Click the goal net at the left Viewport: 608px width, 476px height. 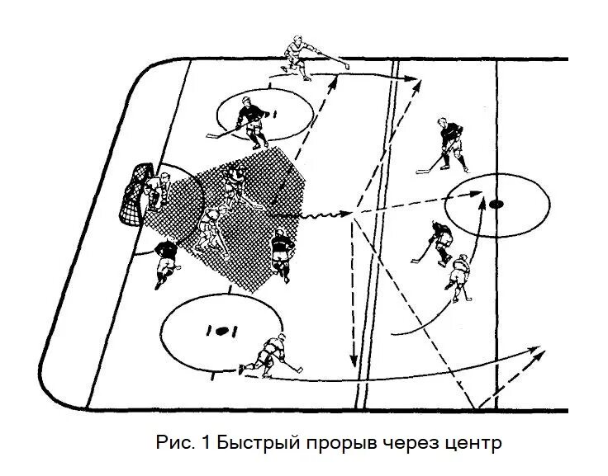pyautogui.click(x=136, y=196)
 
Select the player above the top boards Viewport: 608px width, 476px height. pyautogui.click(x=302, y=56)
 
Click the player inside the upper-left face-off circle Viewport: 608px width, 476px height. pyautogui.click(x=248, y=120)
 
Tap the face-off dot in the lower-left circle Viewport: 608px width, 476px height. pyautogui.click(x=221, y=331)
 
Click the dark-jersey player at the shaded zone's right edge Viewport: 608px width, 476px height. pyautogui.click(x=282, y=252)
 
